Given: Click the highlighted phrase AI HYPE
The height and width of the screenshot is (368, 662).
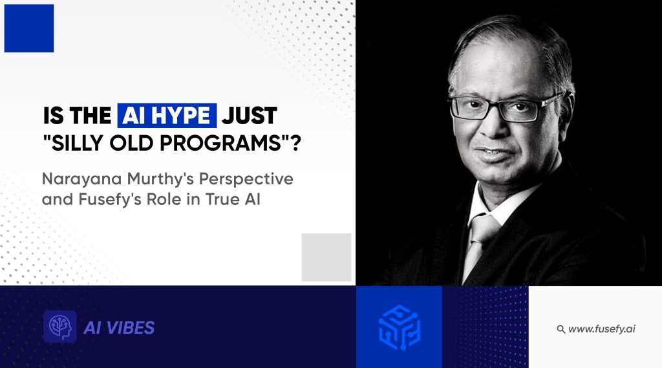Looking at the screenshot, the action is tap(167, 115).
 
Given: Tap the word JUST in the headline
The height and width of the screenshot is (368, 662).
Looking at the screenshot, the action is tap(250, 116).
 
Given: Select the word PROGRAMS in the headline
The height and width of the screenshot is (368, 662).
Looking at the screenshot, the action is tap(221, 143).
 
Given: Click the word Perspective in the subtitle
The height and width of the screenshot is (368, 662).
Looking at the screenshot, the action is tap(246, 179).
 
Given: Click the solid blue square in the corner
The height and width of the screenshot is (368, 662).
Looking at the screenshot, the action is tap(29, 28).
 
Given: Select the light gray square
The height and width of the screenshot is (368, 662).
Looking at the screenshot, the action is tap(326, 257).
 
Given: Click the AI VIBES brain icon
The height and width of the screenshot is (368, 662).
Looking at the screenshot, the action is tap(60, 327).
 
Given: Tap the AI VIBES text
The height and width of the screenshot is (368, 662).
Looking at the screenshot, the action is tap(119, 328).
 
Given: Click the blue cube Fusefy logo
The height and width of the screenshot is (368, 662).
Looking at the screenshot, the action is tap(399, 327).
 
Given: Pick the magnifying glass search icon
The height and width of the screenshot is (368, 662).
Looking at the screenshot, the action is tap(561, 329).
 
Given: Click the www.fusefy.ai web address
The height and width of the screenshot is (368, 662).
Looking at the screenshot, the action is tap(602, 329).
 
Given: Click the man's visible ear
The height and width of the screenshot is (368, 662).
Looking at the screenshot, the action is tap(566, 110).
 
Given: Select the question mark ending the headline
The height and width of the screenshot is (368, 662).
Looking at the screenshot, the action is tap(296, 143).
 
